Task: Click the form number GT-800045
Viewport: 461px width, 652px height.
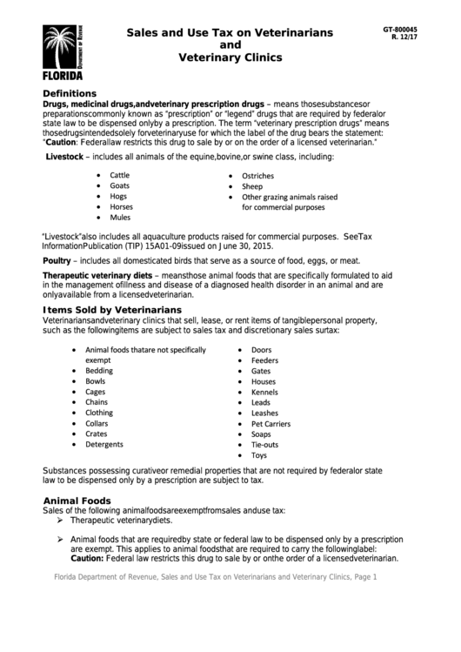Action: [x=400, y=29]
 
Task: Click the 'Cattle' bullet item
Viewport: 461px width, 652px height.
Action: [x=119, y=175]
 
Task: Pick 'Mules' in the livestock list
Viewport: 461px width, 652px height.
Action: [x=119, y=218]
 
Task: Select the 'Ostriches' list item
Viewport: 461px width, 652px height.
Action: [x=257, y=175]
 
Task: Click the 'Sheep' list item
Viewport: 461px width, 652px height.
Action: [x=252, y=186]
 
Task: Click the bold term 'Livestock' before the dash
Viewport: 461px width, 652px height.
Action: [x=69, y=156]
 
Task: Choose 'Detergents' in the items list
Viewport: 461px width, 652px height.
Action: [x=104, y=444]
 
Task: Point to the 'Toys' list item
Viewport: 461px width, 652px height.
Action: [x=259, y=455]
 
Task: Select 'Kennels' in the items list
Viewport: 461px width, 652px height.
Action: [x=264, y=392]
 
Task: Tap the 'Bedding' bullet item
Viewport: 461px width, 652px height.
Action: [x=99, y=370]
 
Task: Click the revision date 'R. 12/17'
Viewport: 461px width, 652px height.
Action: [x=404, y=37]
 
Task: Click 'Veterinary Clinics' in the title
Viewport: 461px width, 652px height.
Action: [x=230, y=57]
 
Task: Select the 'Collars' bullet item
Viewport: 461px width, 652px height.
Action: [x=97, y=423]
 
